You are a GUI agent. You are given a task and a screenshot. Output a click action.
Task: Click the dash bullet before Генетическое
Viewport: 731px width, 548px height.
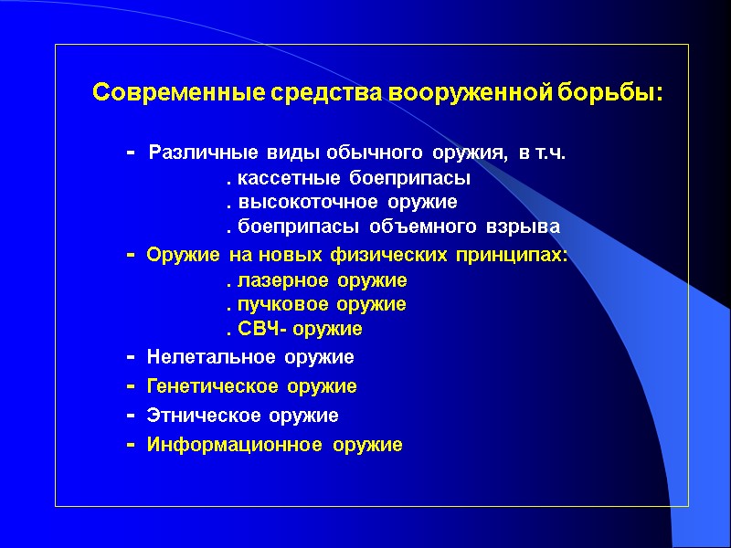[131, 386]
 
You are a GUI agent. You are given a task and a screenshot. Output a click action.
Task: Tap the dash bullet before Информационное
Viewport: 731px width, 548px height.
[131, 445]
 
